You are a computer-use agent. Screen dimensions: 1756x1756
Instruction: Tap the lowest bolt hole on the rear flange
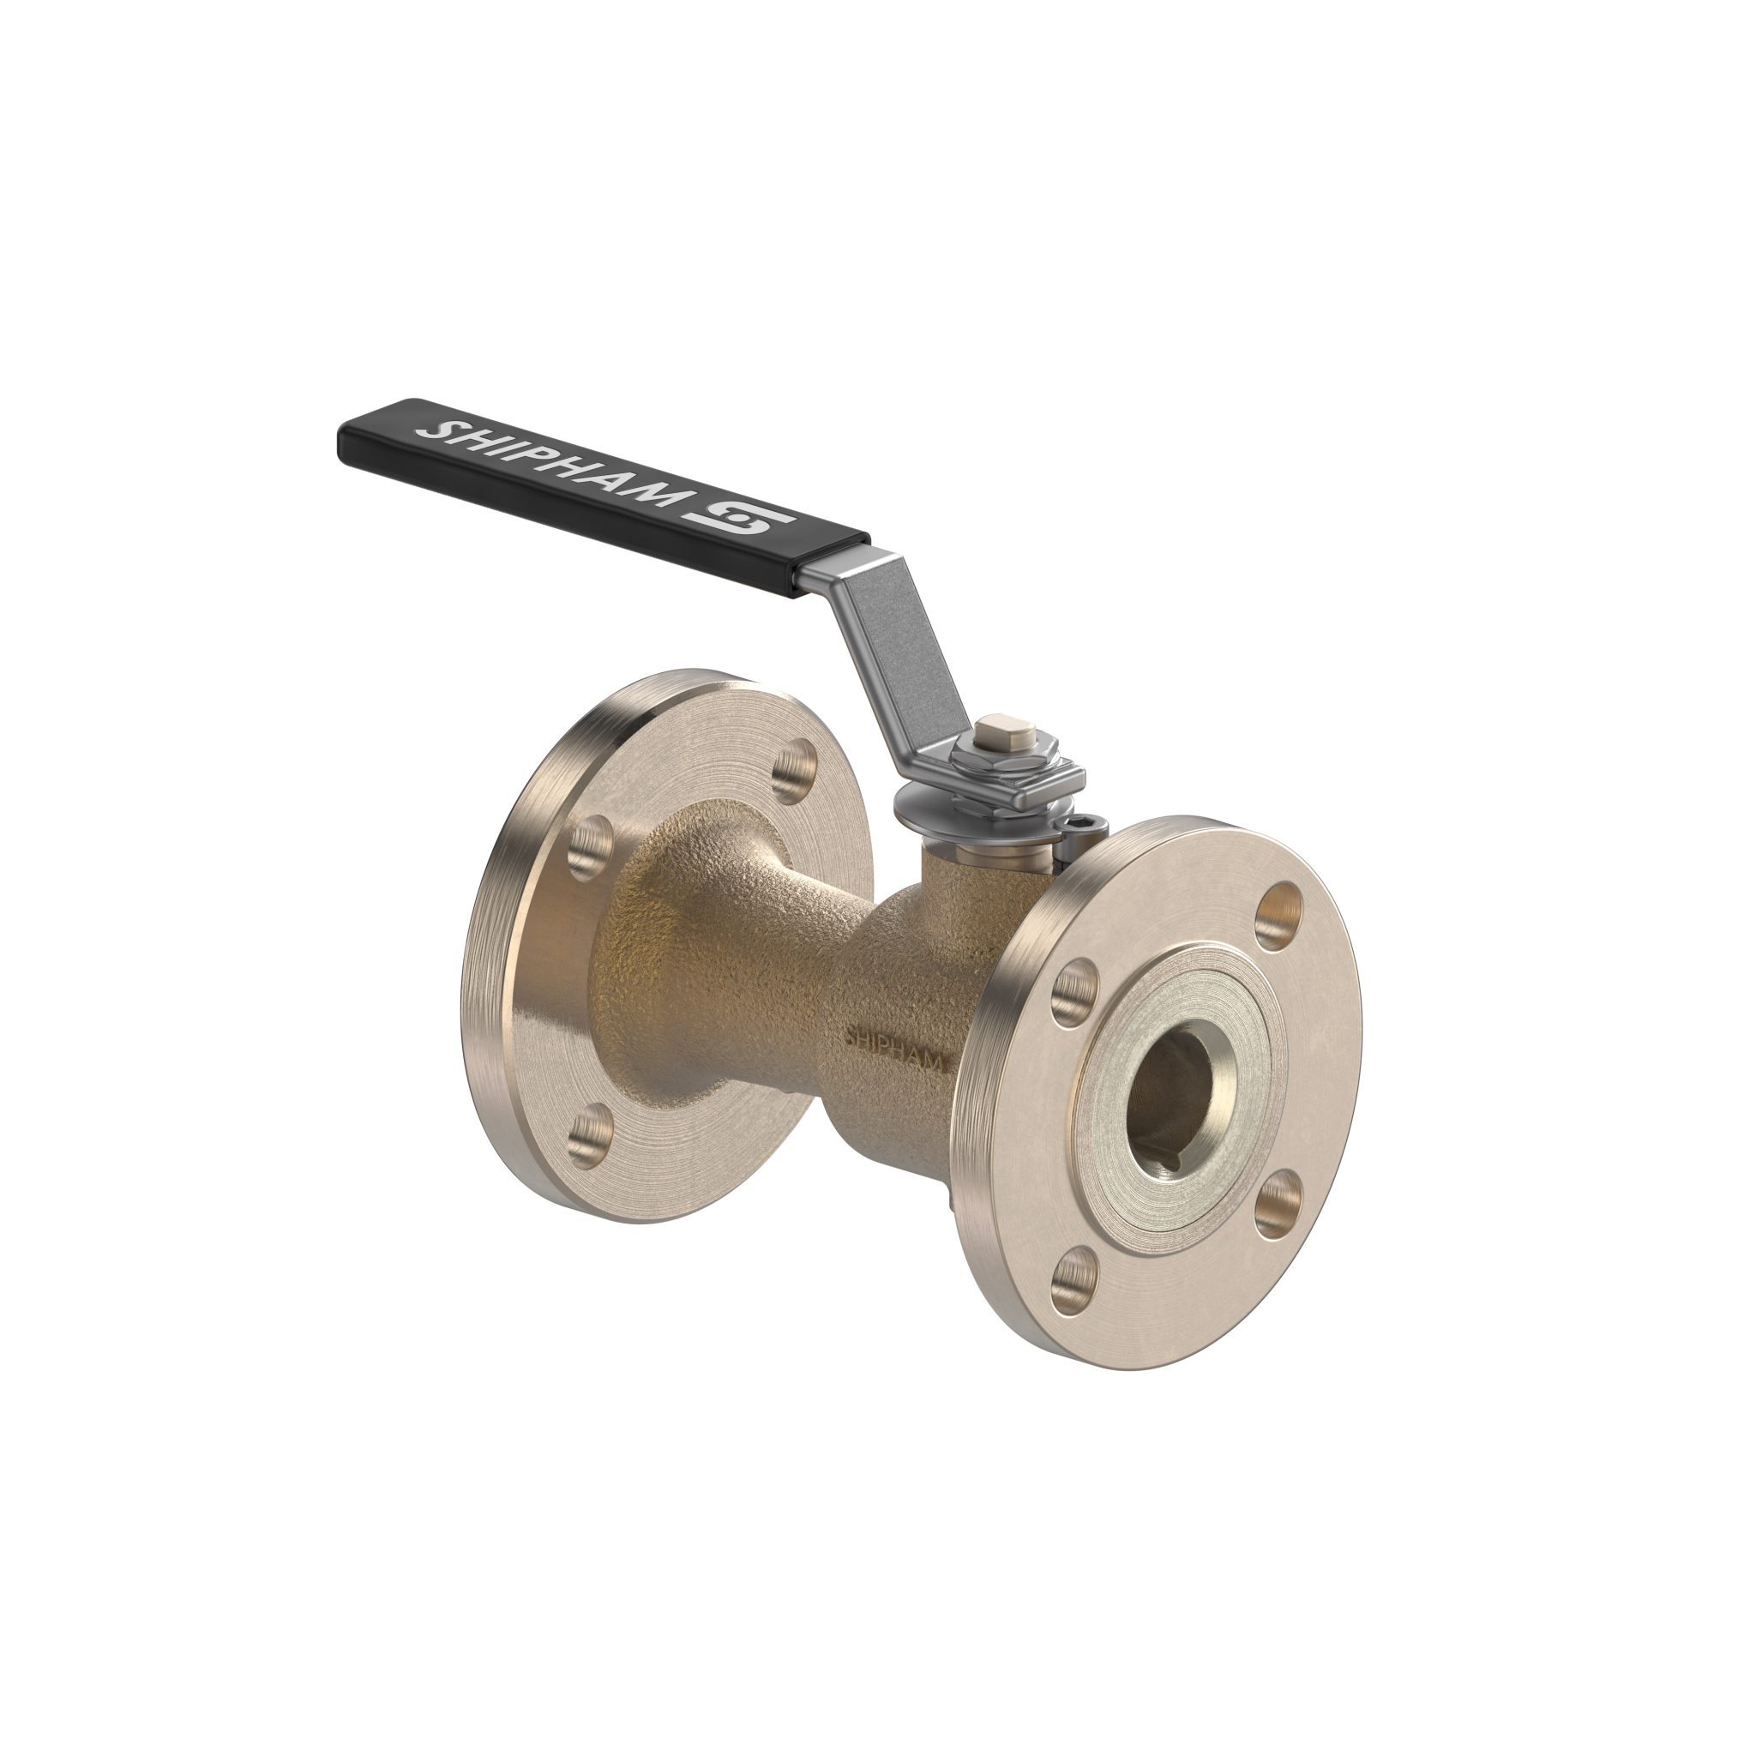coord(593,1133)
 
